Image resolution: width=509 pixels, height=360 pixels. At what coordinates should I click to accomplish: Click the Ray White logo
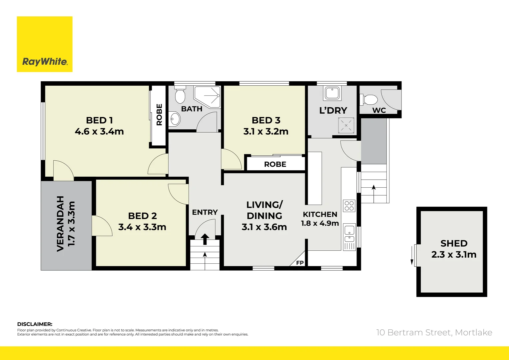point(45,44)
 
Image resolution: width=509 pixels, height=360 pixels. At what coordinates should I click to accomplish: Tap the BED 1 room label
point(99,120)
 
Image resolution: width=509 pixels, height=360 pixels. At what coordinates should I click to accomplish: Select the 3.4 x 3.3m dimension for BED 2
point(142,227)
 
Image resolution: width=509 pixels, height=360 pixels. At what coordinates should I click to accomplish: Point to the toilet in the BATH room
point(180,96)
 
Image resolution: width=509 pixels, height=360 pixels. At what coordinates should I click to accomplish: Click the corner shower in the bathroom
point(208,97)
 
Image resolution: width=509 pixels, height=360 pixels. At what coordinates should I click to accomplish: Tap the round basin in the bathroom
point(175,118)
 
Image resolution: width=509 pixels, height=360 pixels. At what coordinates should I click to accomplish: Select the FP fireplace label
point(300,263)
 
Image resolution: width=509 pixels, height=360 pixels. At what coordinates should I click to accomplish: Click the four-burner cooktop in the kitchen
point(349,206)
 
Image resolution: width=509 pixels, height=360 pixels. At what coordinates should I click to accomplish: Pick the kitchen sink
point(349,233)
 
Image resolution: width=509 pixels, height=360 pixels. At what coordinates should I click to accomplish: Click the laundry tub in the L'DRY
point(332,93)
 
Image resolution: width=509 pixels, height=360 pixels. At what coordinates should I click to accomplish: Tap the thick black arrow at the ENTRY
point(205,239)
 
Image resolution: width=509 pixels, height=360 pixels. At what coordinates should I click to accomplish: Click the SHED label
point(454,243)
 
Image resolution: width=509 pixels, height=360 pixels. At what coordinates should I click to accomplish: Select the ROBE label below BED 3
point(275,164)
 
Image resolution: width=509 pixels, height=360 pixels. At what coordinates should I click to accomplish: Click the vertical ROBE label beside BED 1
point(159,114)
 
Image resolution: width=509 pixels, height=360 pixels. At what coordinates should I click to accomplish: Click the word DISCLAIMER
point(35,324)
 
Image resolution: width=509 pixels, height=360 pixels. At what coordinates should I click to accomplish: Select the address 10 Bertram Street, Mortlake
point(434,332)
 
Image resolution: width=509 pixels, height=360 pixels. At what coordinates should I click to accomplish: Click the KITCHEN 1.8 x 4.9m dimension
point(320,223)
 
